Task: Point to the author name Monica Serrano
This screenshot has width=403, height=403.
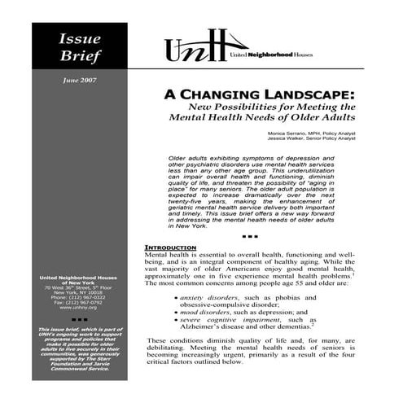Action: click(309, 132)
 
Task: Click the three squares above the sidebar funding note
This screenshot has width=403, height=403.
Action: click(79, 320)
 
